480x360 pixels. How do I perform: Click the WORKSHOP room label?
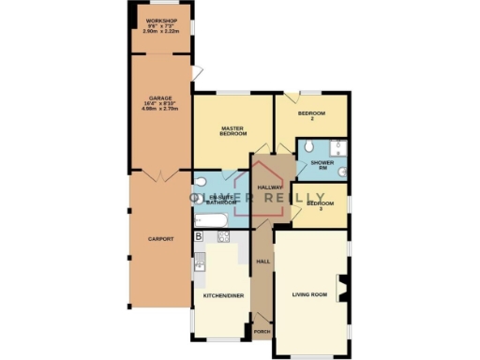coord(162,19)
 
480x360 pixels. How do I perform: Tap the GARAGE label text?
coord(161,98)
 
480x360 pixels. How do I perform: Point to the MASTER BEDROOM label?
coord(232,130)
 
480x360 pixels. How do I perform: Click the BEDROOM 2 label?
coord(311,116)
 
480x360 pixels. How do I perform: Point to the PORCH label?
coord(261,333)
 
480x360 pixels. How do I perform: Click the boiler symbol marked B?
coord(199,236)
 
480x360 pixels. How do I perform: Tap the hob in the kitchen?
coord(224,237)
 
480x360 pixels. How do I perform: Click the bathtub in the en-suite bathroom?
coord(210,219)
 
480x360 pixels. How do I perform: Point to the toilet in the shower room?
coord(342,172)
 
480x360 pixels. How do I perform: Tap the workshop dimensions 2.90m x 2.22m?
coord(162,31)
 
